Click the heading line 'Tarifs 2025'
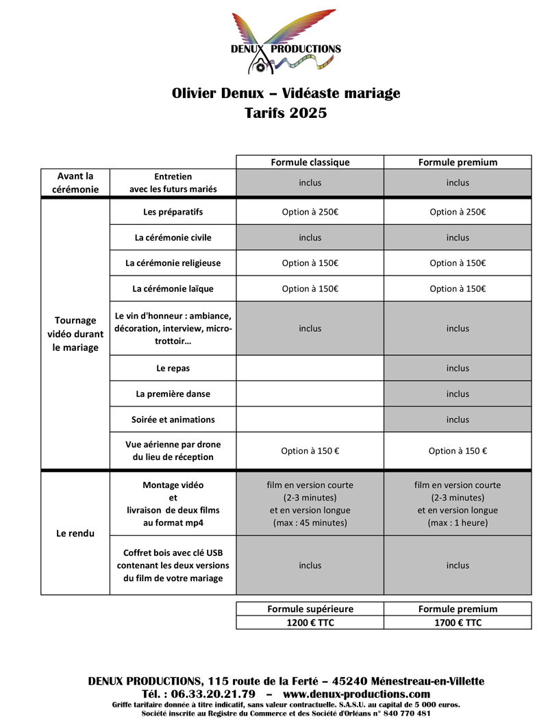click(x=286, y=113)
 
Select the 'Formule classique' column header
click(x=310, y=162)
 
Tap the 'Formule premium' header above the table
click(x=458, y=162)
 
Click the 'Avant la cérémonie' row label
click(x=75, y=183)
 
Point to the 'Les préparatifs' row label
click(x=173, y=212)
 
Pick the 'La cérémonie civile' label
click(x=173, y=238)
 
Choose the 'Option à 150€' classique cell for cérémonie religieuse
click(x=310, y=263)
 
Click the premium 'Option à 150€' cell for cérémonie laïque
click(x=458, y=289)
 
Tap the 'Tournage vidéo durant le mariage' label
click(x=75, y=334)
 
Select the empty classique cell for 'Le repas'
click(x=310, y=368)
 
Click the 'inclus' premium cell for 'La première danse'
click(x=458, y=394)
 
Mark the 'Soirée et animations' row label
click(x=173, y=419)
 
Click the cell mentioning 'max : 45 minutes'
click(x=310, y=504)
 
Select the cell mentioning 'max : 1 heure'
click(x=458, y=504)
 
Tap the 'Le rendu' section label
click(x=75, y=533)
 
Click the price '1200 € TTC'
click(x=310, y=622)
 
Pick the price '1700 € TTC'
click(x=458, y=622)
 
